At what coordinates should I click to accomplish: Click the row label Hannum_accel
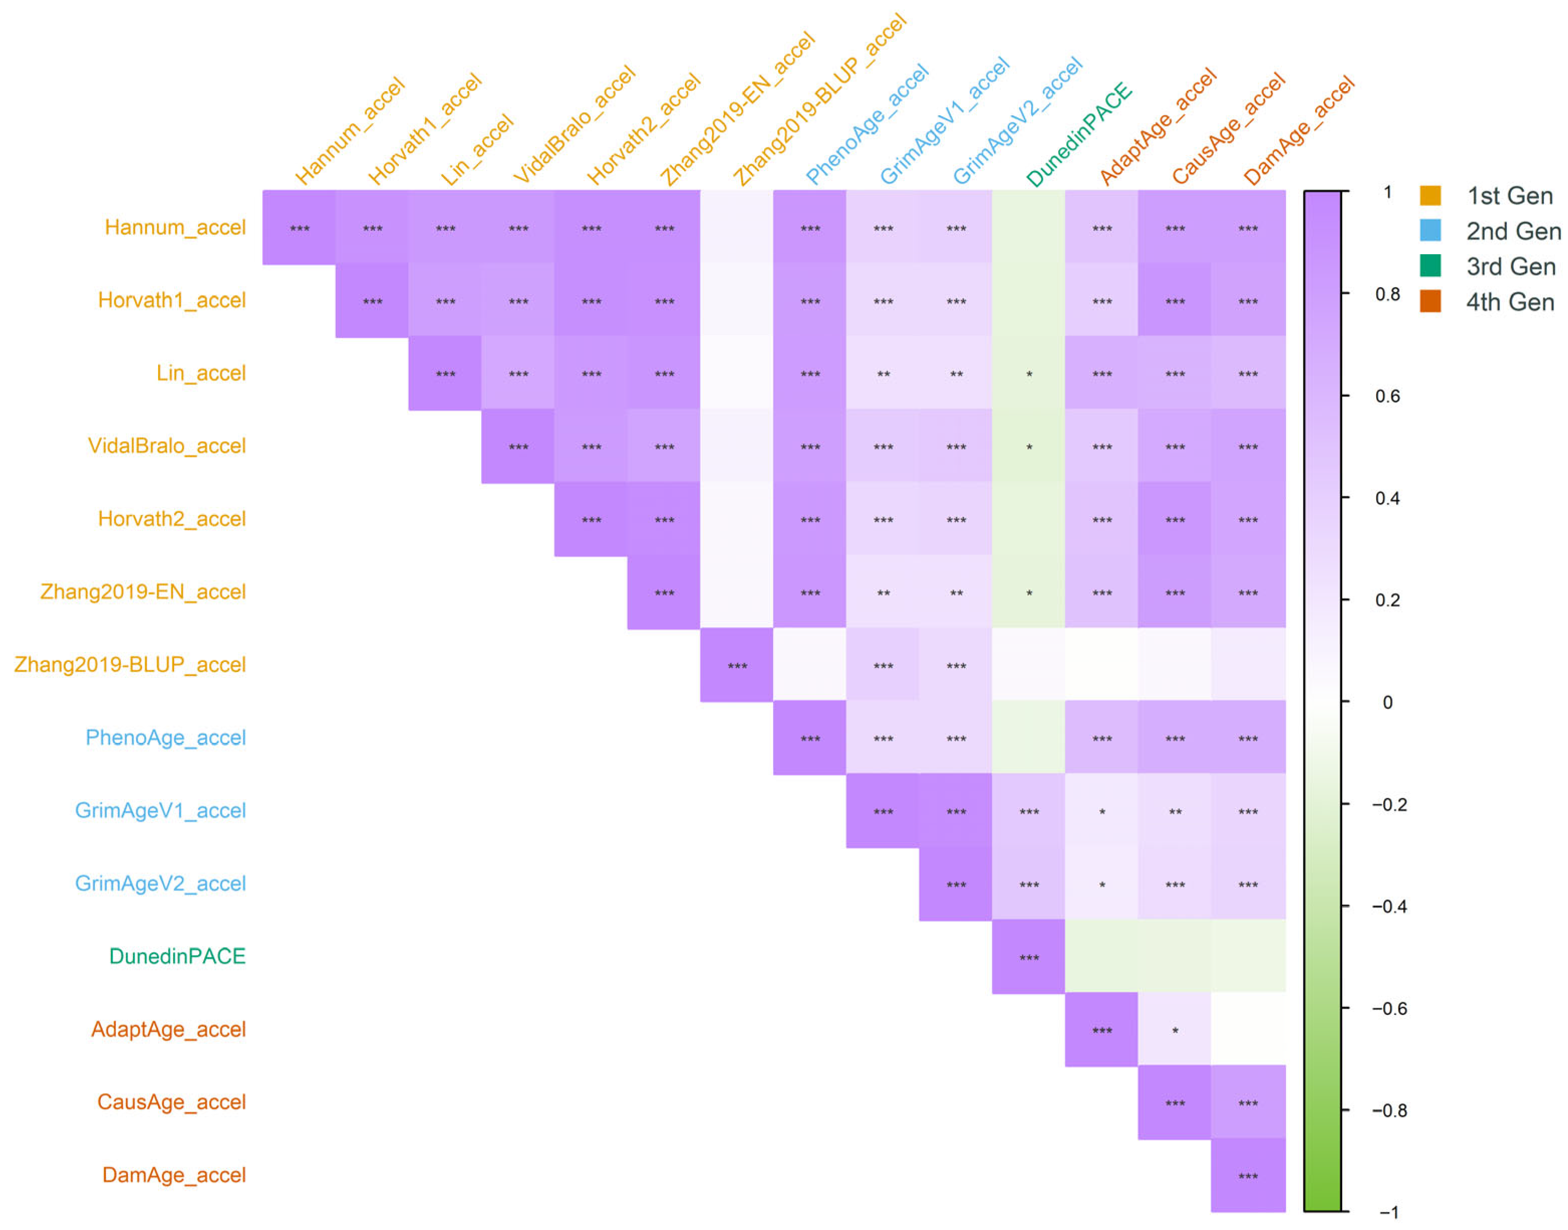pyautogui.click(x=175, y=228)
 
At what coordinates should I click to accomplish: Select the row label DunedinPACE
pyautogui.click(x=177, y=956)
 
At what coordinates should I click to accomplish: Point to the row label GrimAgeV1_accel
pyautogui.click(x=161, y=810)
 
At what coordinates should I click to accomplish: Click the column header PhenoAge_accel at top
pyautogui.click(x=867, y=124)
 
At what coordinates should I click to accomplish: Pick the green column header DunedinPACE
pyautogui.click(x=1079, y=135)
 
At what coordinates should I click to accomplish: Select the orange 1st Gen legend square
pyautogui.click(x=1431, y=195)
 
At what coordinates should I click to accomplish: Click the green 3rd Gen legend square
pyautogui.click(x=1431, y=266)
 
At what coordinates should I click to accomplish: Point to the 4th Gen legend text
pyautogui.click(x=1510, y=302)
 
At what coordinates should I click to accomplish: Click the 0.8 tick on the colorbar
pyautogui.click(x=1345, y=294)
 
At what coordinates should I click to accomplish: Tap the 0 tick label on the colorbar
pyautogui.click(x=1388, y=702)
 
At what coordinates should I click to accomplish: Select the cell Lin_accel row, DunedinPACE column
pyautogui.click(x=1029, y=373)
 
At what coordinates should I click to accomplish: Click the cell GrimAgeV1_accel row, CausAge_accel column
pyautogui.click(x=1175, y=810)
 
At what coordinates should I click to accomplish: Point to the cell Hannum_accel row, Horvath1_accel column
pyautogui.click(x=372, y=228)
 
